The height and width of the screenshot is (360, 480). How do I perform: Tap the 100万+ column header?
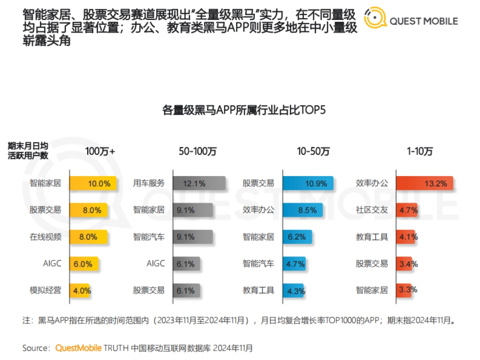click(x=100, y=152)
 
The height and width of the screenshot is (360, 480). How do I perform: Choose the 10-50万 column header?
click(x=313, y=152)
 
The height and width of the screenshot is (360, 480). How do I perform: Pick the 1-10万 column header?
click(x=420, y=152)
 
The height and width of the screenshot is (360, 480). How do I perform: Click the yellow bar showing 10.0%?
click(x=93, y=184)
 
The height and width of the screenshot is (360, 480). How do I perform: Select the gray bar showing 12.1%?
click(x=199, y=184)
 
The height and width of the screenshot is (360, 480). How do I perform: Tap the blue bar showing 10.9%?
click(x=308, y=184)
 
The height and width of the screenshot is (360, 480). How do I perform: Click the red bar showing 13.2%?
click(x=424, y=184)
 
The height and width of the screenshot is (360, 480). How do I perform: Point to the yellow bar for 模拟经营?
click(x=80, y=290)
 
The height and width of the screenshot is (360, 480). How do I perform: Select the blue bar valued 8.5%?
click(x=302, y=210)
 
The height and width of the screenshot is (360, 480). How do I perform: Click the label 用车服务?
click(x=149, y=184)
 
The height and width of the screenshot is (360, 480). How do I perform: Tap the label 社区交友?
click(x=372, y=210)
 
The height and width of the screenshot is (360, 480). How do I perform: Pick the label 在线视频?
click(x=45, y=237)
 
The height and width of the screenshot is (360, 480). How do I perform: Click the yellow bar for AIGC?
click(x=84, y=264)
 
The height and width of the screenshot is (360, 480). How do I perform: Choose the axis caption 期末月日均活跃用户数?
click(x=28, y=151)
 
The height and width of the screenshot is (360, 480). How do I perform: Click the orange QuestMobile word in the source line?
click(x=78, y=348)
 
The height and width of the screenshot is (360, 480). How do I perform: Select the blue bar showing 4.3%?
click(x=293, y=290)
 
